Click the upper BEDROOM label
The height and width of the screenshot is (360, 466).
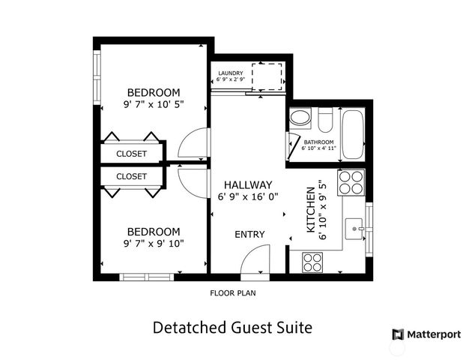[153, 92]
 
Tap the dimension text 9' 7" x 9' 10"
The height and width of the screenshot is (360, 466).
[153, 243]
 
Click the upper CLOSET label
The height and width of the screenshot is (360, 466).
[131, 154]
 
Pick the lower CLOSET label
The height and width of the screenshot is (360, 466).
[131, 176]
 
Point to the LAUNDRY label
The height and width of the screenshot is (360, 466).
[230, 73]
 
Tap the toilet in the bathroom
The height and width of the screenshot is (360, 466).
[325, 119]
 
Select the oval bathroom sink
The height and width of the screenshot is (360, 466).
[300, 118]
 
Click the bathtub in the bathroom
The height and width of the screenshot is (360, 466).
[352, 134]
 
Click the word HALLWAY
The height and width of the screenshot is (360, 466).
[245, 184]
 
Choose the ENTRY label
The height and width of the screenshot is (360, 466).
[249, 235]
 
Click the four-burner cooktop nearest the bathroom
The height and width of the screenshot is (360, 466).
[351, 182]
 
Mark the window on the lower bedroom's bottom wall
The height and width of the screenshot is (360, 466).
[147, 277]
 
